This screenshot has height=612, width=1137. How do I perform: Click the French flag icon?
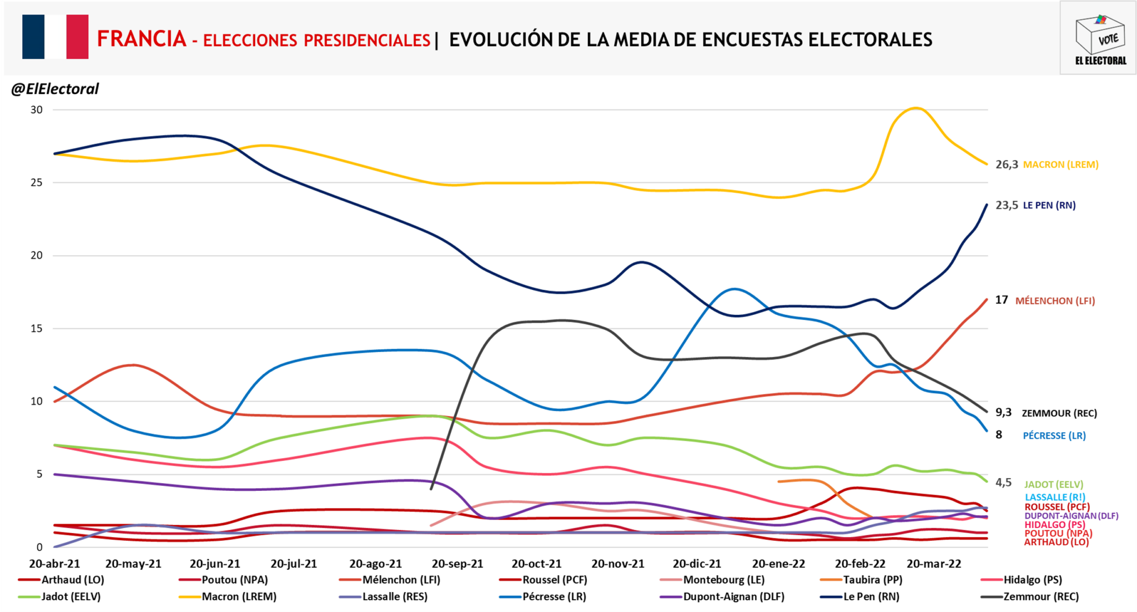click(55, 37)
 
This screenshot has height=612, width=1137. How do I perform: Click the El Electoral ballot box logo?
click(1100, 39)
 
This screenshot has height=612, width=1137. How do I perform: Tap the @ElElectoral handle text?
click(55, 89)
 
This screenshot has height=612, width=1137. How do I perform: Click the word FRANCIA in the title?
click(142, 39)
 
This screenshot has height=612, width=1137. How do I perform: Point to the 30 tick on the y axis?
click(37, 110)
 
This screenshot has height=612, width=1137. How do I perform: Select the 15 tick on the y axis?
click(37, 328)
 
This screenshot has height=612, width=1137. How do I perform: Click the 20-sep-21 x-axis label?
click(457, 564)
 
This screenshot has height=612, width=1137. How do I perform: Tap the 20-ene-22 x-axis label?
click(778, 564)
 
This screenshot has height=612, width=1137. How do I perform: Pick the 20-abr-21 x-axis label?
click(54, 564)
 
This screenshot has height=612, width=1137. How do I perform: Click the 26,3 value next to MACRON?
click(1007, 164)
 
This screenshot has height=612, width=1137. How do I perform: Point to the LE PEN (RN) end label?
click(1049, 205)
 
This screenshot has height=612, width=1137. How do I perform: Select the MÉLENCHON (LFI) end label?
click(1055, 301)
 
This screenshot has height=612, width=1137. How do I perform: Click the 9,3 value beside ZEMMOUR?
click(1003, 412)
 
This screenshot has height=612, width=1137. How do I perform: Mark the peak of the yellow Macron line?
click(915, 108)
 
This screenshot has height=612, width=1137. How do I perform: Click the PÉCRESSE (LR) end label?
click(1054, 436)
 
